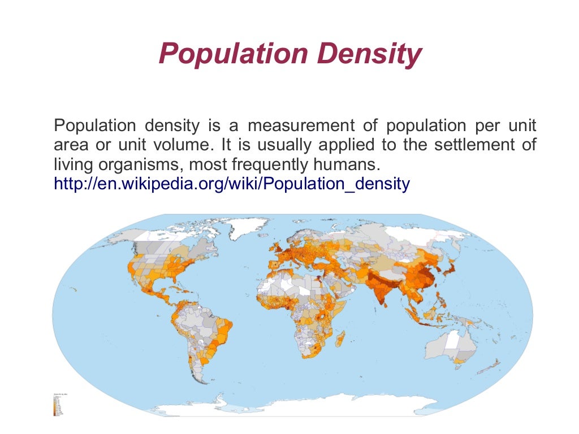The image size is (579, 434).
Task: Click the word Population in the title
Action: [233, 55]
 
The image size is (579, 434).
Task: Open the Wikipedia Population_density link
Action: [231, 184]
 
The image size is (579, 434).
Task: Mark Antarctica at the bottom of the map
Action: [294, 410]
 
